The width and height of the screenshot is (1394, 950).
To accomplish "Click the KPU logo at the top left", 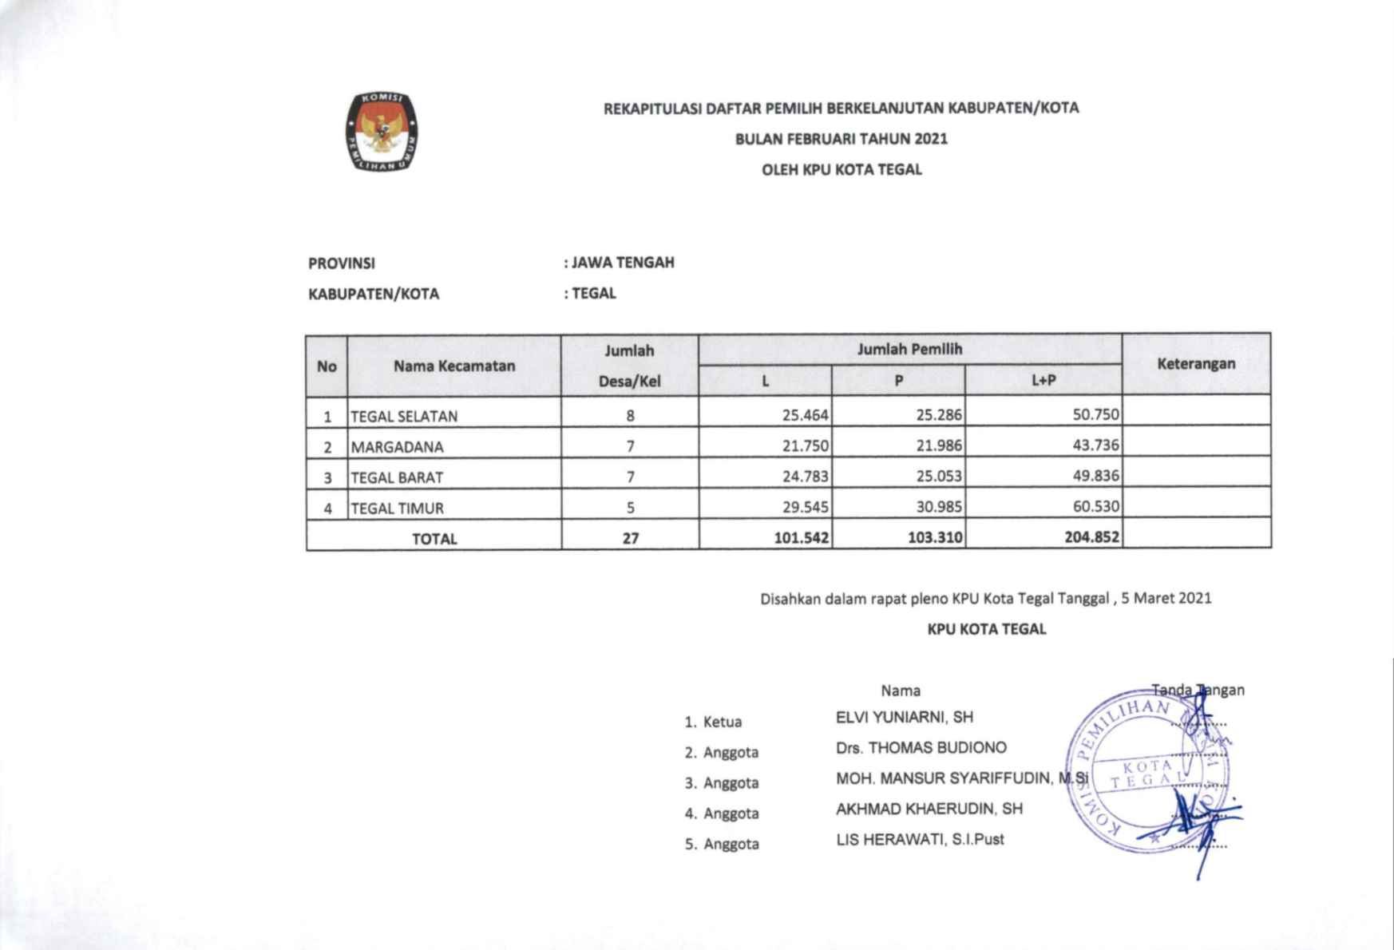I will [382, 132].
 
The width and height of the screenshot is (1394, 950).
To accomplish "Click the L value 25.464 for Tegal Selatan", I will [805, 415].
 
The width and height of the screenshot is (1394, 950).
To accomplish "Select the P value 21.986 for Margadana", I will [938, 445].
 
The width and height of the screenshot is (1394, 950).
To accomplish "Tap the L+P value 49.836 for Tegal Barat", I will [1095, 476].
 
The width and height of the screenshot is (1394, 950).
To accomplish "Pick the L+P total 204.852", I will [1091, 537].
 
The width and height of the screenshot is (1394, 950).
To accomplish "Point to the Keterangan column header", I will [1195, 364].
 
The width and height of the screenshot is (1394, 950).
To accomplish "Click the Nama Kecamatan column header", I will [453, 366].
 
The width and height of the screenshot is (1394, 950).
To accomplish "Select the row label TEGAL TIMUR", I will [397, 508].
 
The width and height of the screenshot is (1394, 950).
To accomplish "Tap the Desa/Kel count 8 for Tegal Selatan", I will [630, 415].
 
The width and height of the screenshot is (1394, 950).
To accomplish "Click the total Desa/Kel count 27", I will [630, 538].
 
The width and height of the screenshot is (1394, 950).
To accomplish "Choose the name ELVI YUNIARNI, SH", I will [904, 717].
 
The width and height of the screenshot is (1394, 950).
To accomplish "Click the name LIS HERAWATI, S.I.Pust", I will [920, 839].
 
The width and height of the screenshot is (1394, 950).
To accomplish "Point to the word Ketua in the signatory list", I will [723, 722].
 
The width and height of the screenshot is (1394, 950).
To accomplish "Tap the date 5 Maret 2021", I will [1166, 598].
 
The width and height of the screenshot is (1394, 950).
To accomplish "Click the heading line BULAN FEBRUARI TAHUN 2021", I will [841, 139].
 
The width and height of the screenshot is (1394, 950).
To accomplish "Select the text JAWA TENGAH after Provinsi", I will [623, 263].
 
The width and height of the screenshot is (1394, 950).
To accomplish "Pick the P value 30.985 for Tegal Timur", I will [938, 506].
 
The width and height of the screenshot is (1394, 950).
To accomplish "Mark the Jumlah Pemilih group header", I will [909, 349].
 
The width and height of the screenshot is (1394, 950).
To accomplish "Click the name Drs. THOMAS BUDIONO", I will [921, 747].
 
